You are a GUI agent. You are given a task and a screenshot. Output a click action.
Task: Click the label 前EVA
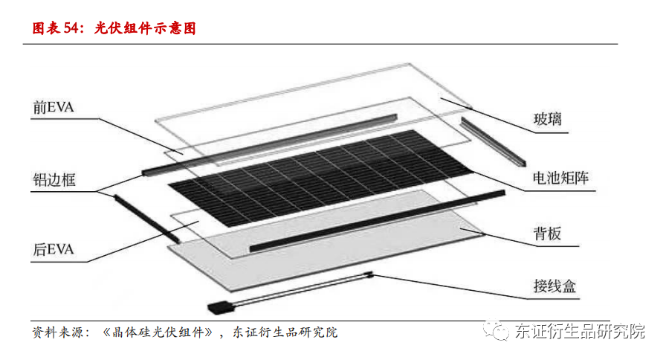54,108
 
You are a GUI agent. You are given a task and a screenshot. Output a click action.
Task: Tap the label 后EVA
54,249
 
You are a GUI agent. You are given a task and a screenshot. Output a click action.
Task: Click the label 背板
546,235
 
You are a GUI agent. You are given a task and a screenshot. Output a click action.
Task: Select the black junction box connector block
221,306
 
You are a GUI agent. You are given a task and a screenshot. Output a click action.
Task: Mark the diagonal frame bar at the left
146,217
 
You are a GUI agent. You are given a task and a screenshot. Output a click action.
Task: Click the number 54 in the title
71,29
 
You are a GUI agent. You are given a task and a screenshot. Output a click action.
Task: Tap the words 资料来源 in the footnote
56,332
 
